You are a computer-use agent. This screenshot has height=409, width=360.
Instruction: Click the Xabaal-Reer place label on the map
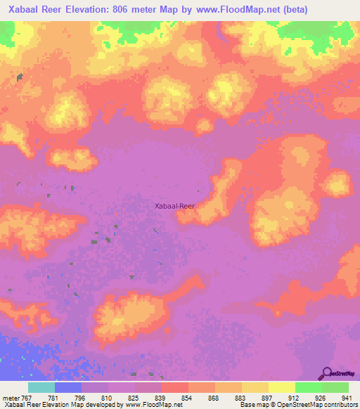(x=174, y=206)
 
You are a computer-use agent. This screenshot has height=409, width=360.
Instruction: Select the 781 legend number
(x=53, y=397)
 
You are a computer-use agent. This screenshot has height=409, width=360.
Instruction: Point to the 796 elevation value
(x=80, y=397)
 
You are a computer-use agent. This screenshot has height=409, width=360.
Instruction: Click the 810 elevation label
(x=107, y=397)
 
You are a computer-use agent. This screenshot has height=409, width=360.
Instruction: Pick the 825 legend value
(x=134, y=397)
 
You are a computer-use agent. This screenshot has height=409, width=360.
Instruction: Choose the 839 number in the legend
(x=160, y=397)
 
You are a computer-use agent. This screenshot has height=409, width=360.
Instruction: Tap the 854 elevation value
(x=187, y=397)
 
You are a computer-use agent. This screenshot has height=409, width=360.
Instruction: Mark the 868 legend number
(x=214, y=397)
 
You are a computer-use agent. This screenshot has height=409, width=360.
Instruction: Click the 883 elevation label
(x=240, y=397)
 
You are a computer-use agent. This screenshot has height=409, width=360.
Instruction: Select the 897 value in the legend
(x=267, y=397)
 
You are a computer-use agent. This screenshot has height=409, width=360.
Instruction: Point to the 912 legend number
(x=294, y=397)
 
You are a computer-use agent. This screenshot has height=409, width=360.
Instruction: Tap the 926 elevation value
(x=321, y=397)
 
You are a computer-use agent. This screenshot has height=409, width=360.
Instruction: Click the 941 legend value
(x=346, y=397)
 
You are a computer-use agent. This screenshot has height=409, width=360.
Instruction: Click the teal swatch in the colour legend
(x=41, y=387)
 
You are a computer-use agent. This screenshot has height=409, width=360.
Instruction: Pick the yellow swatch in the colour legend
(x=281, y=387)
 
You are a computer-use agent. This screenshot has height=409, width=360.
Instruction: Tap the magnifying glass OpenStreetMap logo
(x=327, y=373)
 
